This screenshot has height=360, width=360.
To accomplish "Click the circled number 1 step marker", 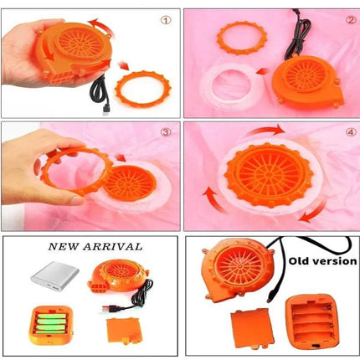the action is pyautogui.click(x=166, y=20).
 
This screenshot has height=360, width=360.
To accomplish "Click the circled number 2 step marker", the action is pyautogui.click(x=351, y=20).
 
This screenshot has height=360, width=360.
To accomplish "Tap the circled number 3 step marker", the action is pyautogui.click(x=166, y=132).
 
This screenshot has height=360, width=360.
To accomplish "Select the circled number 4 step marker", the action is pyautogui.click(x=351, y=132).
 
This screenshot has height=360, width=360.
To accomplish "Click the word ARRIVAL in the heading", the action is pyautogui.click(x=113, y=247).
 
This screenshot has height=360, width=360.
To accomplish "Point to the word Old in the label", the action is pyautogui.click(x=298, y=261).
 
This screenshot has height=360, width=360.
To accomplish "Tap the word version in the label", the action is pyautogui.click(x=334, y=261).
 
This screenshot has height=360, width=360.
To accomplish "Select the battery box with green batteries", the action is pyautogui.click(x=50, y=325).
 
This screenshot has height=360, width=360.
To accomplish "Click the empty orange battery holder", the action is pyautogui.click(x=312, y=322).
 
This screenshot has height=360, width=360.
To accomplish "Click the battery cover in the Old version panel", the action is pyautogui.click(x=253, y=329).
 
